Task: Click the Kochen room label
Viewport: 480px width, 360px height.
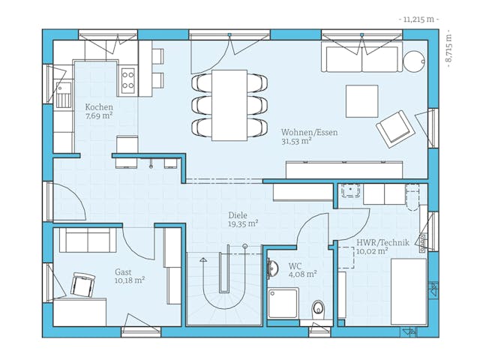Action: coord(99,107)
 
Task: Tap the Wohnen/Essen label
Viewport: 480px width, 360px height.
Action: coord(310,133)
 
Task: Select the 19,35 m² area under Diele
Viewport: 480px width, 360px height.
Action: coord(243,223)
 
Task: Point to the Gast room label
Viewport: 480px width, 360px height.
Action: coord(123,272)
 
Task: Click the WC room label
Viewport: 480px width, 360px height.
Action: coord(295,266)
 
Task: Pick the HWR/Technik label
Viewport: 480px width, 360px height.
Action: coord(382,243)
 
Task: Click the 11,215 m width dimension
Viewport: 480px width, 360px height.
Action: coord(418,19)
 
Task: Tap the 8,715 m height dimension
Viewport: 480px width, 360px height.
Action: coord(448,48)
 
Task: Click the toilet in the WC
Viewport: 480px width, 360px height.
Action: coord(318,308)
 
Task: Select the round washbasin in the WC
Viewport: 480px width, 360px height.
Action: coord(272,268)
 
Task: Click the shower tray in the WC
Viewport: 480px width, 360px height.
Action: coord(283,303)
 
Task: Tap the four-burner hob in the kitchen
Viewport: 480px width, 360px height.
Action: coord(128,79)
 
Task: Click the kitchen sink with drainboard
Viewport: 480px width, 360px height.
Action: coord(64,94)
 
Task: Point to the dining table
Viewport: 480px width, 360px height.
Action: coord(229,105)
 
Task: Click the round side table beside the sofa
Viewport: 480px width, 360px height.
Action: coord(414,61)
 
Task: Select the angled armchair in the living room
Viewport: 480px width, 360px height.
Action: coord(395,129)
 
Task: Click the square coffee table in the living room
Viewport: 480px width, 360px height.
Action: coord(361,101)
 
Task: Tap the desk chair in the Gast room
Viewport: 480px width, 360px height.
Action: coord(82,284)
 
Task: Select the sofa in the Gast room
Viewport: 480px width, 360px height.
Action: coord(88,240)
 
